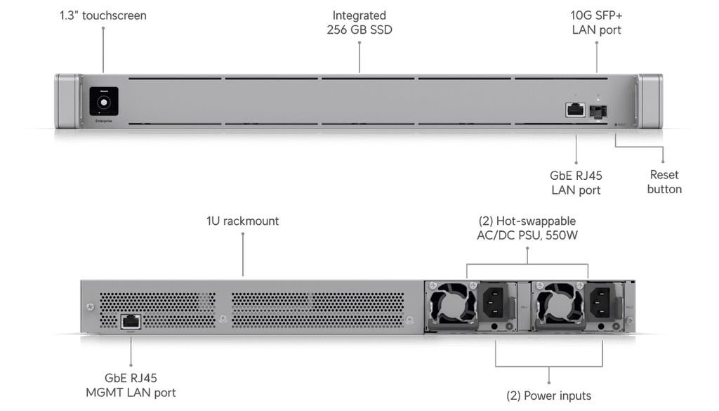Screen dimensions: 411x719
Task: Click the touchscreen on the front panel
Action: pos(103,103)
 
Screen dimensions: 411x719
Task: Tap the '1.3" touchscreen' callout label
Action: pos(103,15)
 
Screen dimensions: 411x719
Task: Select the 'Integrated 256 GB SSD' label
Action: pos(359,22)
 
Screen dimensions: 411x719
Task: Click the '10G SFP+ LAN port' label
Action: pos(596,22)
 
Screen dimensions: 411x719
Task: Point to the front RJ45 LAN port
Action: pos(575,110)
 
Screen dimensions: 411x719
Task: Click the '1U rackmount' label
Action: pos(242,221)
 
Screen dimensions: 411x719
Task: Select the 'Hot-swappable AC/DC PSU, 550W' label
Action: pos(527,228)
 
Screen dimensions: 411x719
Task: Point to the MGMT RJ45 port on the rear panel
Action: pos(131,321)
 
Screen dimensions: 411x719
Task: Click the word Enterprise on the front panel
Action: pos(103,122)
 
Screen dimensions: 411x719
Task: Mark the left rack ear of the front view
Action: pos(67,102)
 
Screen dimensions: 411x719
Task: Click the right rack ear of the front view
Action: pos(650,102)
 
